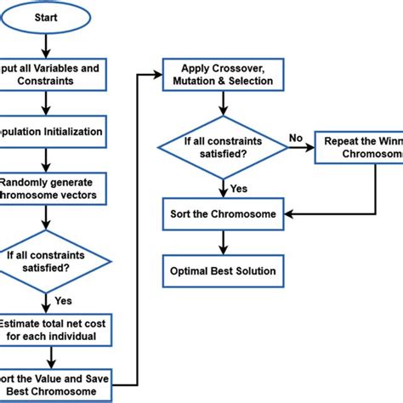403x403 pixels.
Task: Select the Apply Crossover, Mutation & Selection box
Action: (222, 74)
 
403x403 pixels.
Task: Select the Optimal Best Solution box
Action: (222, 271)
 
